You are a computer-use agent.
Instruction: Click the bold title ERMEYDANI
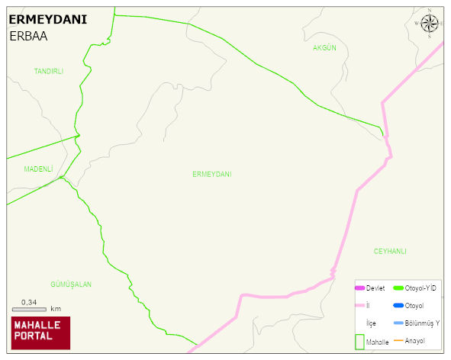click(x=47, y=19)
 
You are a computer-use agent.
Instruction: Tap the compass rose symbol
click(x=431, y=24)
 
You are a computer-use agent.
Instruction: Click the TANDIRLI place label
click(x=49, y=71)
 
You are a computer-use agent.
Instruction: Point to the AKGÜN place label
click(x=324, y=48)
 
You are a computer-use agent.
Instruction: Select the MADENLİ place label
click(x=38, y=169)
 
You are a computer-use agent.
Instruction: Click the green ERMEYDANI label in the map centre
click(x=211, y=175)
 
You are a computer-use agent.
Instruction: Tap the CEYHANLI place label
click(x=390, y=251)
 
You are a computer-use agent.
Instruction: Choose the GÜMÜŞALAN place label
click(x=71, y=284)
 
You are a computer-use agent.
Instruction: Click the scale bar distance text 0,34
click(x=29, y=303)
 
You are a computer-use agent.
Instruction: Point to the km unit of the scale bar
click(x=56, y=309)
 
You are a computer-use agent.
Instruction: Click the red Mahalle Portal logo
click(x=40, y=333)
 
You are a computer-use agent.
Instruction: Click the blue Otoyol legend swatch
click(x=398, y=306)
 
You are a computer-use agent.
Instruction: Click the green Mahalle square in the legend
click(x=359, y=342)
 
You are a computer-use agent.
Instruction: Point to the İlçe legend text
click(x=372, y=323)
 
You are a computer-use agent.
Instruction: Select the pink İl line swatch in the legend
click(x=359, y=306)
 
